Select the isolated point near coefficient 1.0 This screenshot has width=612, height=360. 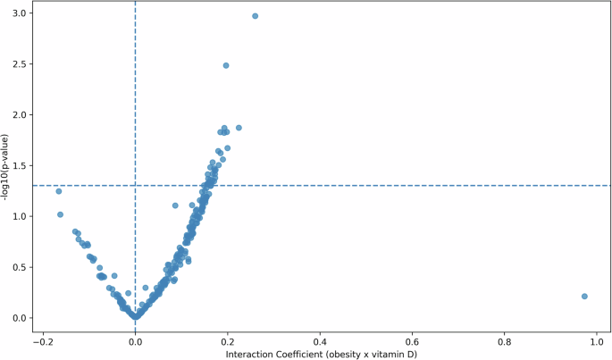click(584, 297)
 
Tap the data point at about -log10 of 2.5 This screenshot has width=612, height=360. click(226, 65)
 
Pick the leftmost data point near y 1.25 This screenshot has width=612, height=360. click(59, 191)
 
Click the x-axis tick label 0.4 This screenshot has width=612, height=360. click(320, 340)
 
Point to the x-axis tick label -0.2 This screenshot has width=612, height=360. click(40, 340)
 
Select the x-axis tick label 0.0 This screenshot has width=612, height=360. click(135, 340)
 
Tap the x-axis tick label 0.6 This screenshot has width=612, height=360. click(412, 340)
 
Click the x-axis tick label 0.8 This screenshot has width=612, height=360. click(505, 340)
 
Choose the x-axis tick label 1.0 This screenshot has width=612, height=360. click(597, 340)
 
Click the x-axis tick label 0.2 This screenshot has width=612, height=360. click(227, 340)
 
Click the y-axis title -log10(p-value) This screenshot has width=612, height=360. click(6, 166)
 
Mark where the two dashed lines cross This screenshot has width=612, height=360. click(135, 186)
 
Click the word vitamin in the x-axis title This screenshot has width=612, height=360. click(387, 353)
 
